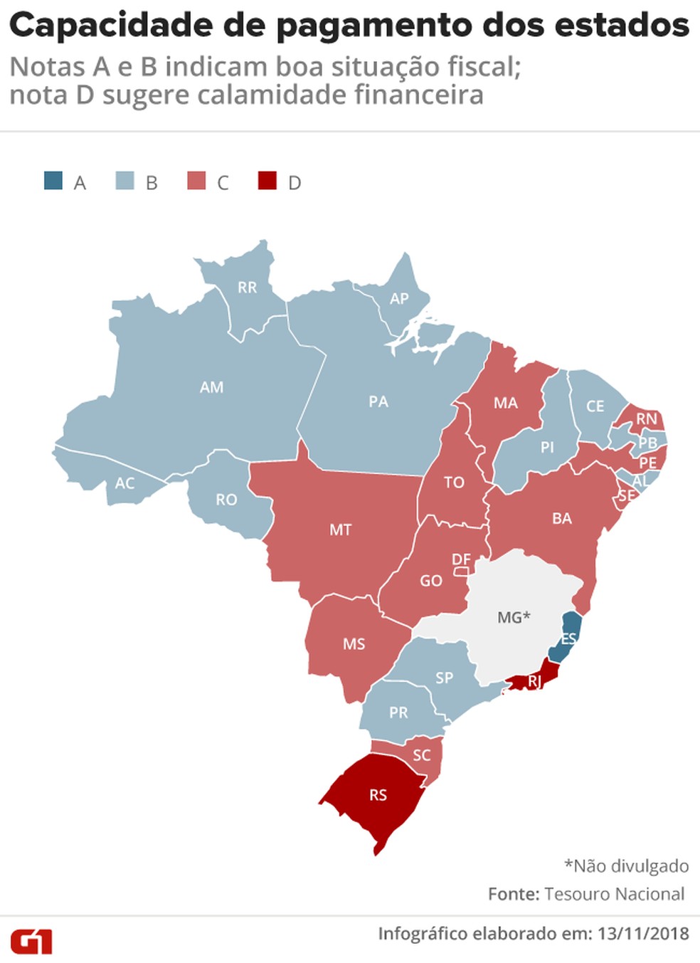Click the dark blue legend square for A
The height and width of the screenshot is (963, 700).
[x=53, y=181]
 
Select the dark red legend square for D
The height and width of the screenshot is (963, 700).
[x=267, y=181]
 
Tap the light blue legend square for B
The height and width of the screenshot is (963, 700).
[x=124, y=181]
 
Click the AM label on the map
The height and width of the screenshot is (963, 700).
[x=211, y=387]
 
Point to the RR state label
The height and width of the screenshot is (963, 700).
[x=247, y=288]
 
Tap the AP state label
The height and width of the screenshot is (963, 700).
[x=399, y=299]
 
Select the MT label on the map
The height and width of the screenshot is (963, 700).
[x=340, y=530]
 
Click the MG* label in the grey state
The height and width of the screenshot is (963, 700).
[x=514, y=617]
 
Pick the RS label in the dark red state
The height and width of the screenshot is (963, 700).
[x=378, y=795]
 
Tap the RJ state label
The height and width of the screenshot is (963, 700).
[x=534, y=682]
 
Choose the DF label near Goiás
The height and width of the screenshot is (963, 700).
[x=461, y=559]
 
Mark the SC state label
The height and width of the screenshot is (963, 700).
[x=421, y=755]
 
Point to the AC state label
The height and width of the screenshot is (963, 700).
[x=124, y=483]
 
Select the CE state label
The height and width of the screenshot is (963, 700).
[x=595, y=406]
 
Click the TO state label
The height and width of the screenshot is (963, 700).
[x=454, y=483]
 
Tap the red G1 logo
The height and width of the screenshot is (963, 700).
[x=31, y=942]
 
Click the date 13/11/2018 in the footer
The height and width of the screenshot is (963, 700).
[x=643, y=934]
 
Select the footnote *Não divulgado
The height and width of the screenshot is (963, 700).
[x=626, y=865]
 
